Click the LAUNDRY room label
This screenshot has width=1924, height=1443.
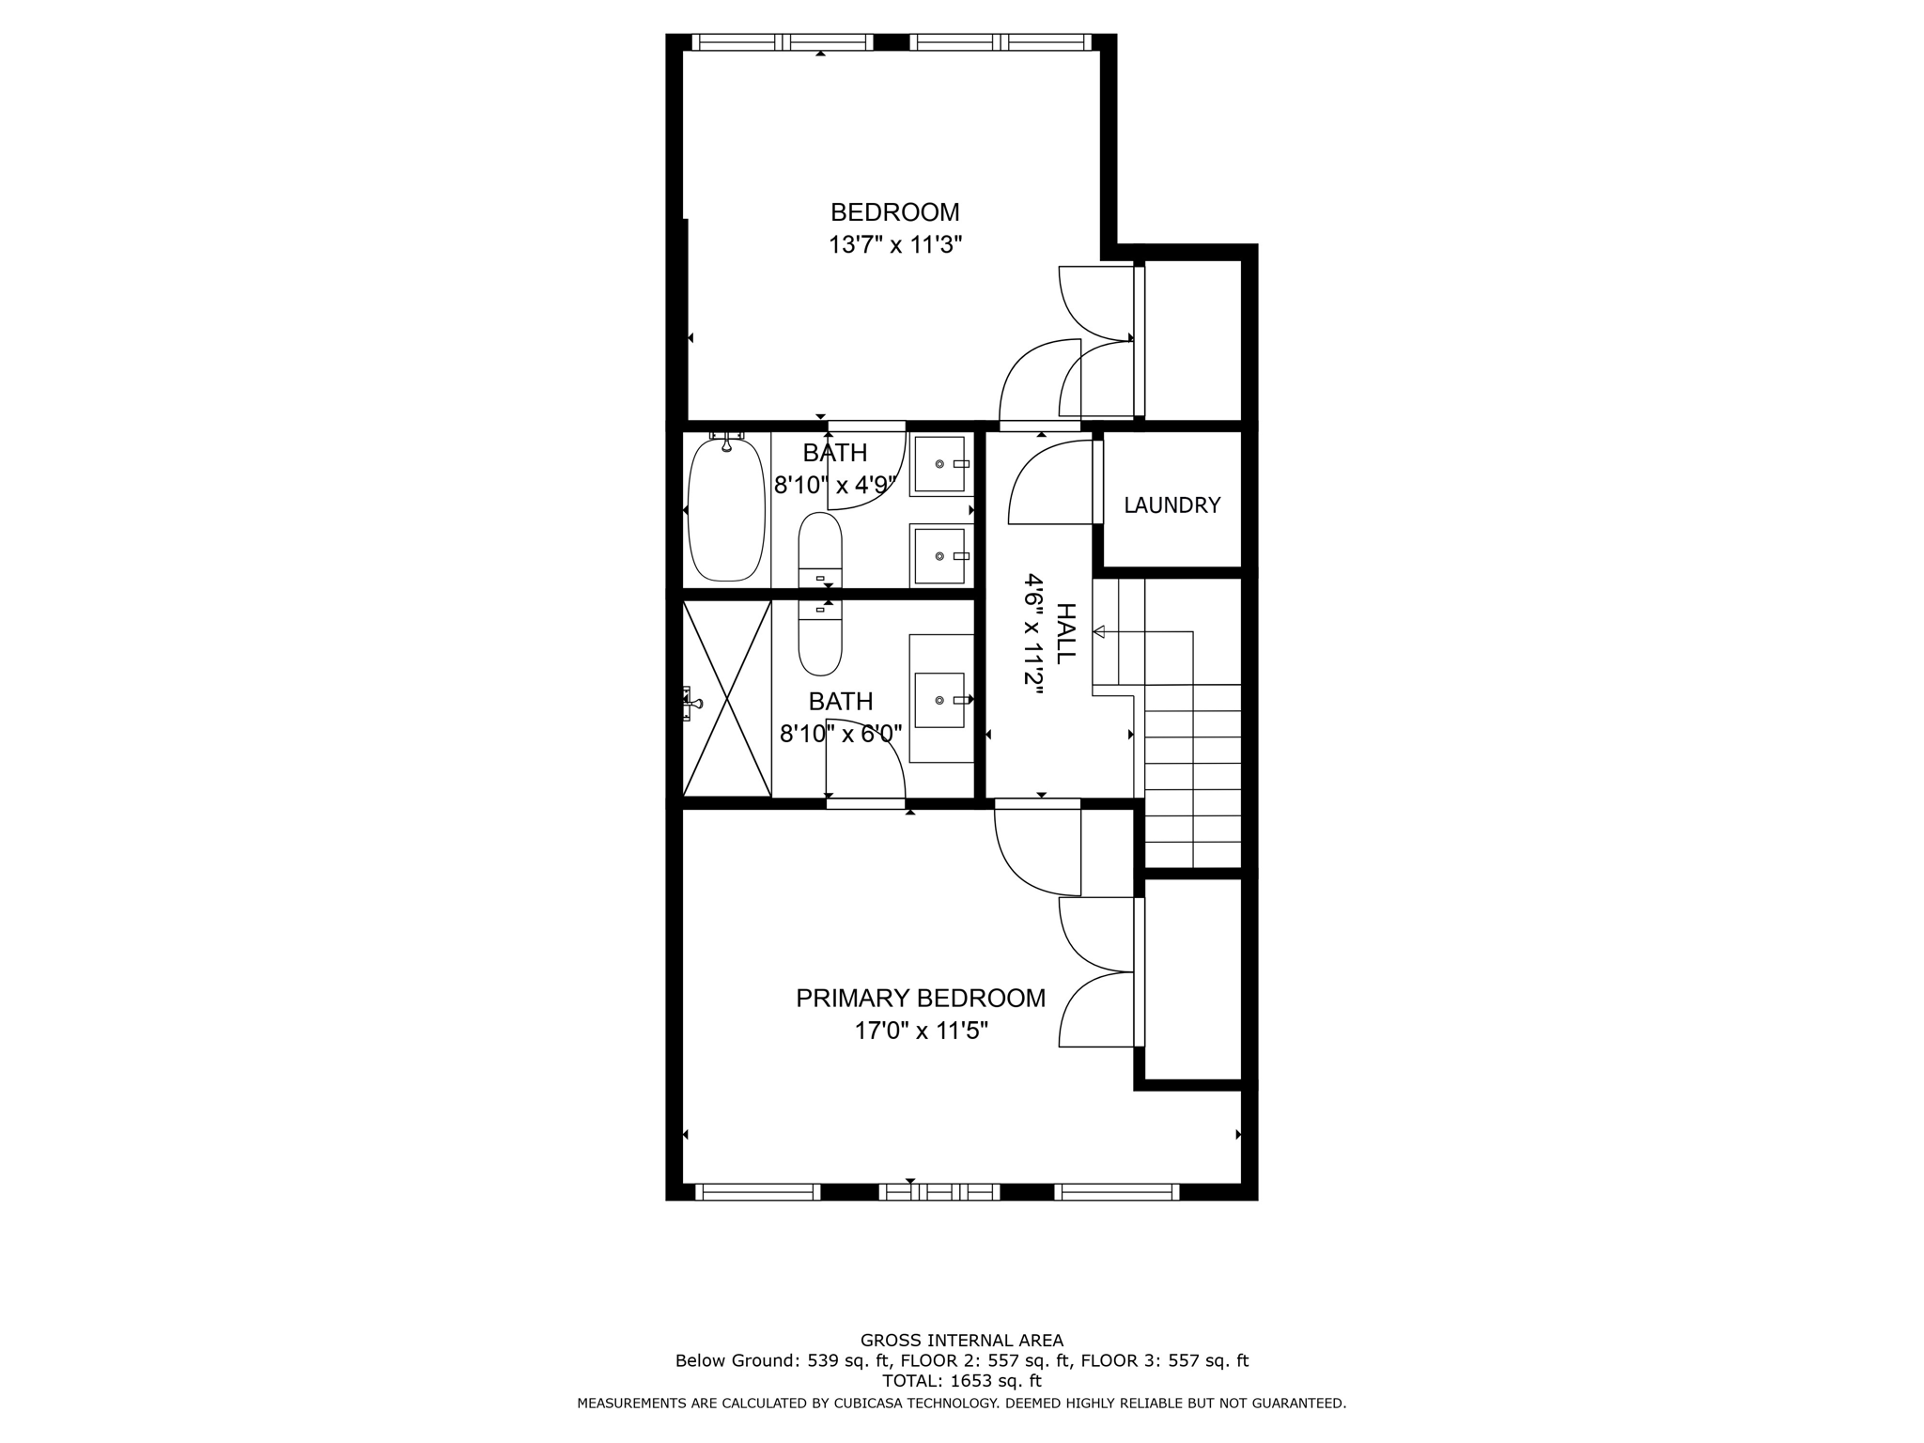pos(1171,505)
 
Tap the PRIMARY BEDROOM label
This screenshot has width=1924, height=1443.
pos(920,998)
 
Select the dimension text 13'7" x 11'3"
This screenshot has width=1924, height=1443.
pos(894,245)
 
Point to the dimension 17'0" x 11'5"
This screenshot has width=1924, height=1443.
pos(920,1031)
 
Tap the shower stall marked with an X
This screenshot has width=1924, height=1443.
pos(726,700)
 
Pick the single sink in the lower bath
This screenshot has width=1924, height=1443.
pos(939,700)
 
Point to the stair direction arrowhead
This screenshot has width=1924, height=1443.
pos(1098,631)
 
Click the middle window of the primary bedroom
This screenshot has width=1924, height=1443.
pos(939,1191)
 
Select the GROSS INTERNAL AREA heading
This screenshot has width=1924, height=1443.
pos(962,1341)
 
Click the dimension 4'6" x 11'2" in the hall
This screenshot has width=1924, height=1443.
pos(1034,634)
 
